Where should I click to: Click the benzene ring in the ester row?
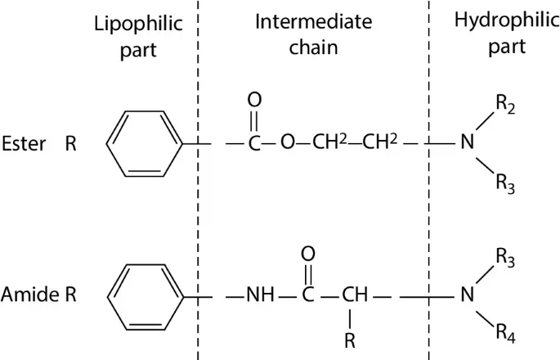[144, 144]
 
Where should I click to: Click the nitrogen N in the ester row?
[467, 144]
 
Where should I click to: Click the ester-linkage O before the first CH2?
[287, 144]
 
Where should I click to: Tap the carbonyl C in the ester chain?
[254, 144]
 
